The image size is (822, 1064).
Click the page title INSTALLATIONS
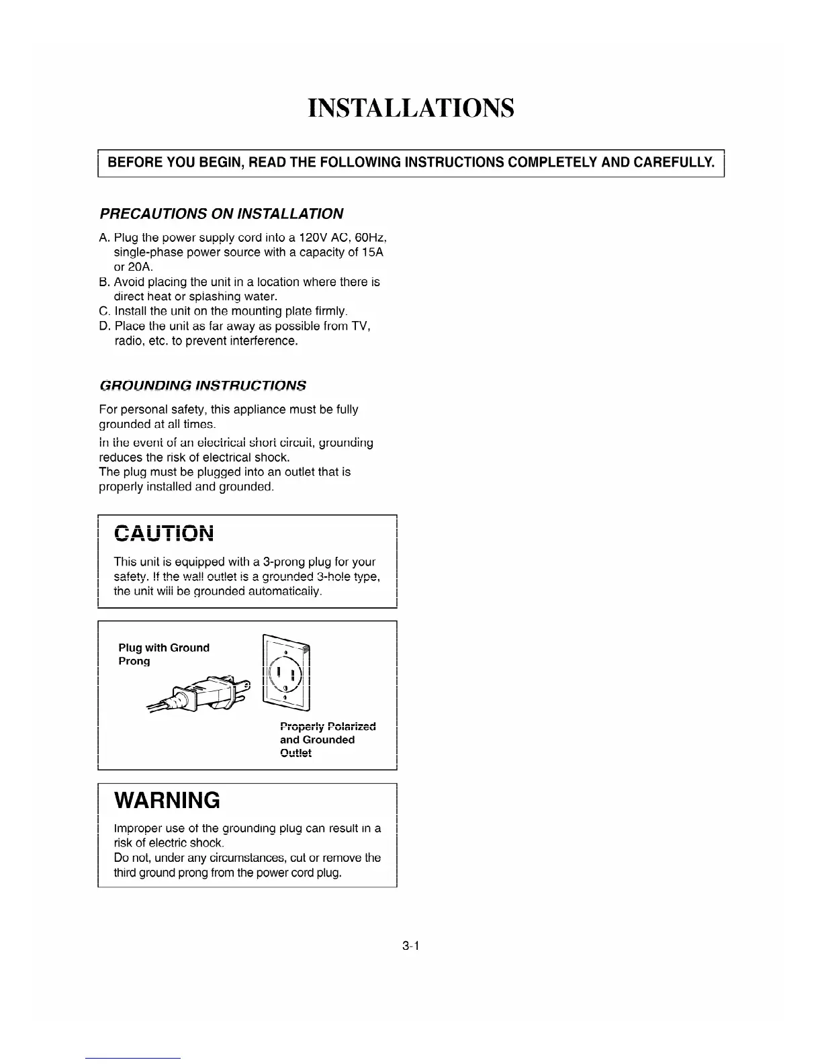[x=410, y=108]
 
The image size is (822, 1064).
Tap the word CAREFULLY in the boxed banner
[x=674, y=163]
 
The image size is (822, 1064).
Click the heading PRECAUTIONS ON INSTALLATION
[x=221, y=214]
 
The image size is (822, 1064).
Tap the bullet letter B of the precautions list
[x=103, y=282]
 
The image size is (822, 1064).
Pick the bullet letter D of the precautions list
[x=103, y=326]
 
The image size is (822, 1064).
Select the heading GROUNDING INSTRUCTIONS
[x=202, y=386]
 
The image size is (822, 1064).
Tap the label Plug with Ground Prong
[x=163, y=654]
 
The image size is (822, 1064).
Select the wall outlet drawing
[x=287, y=672]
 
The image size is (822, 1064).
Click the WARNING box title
[x=167, y=800]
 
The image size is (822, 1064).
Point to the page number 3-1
[x=410, y=946]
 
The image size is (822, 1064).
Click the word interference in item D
[x=256, y=341]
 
